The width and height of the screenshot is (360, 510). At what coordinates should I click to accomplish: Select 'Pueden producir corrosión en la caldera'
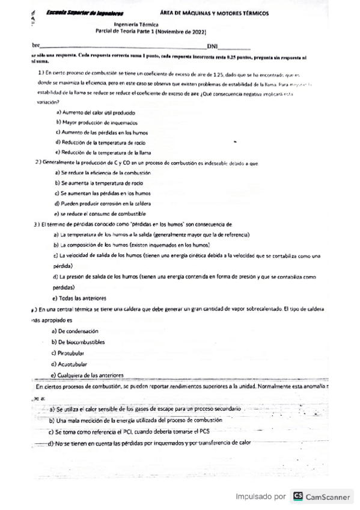(x=103, y=203)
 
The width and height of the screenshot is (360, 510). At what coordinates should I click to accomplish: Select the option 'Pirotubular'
(x=72, y=352)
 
